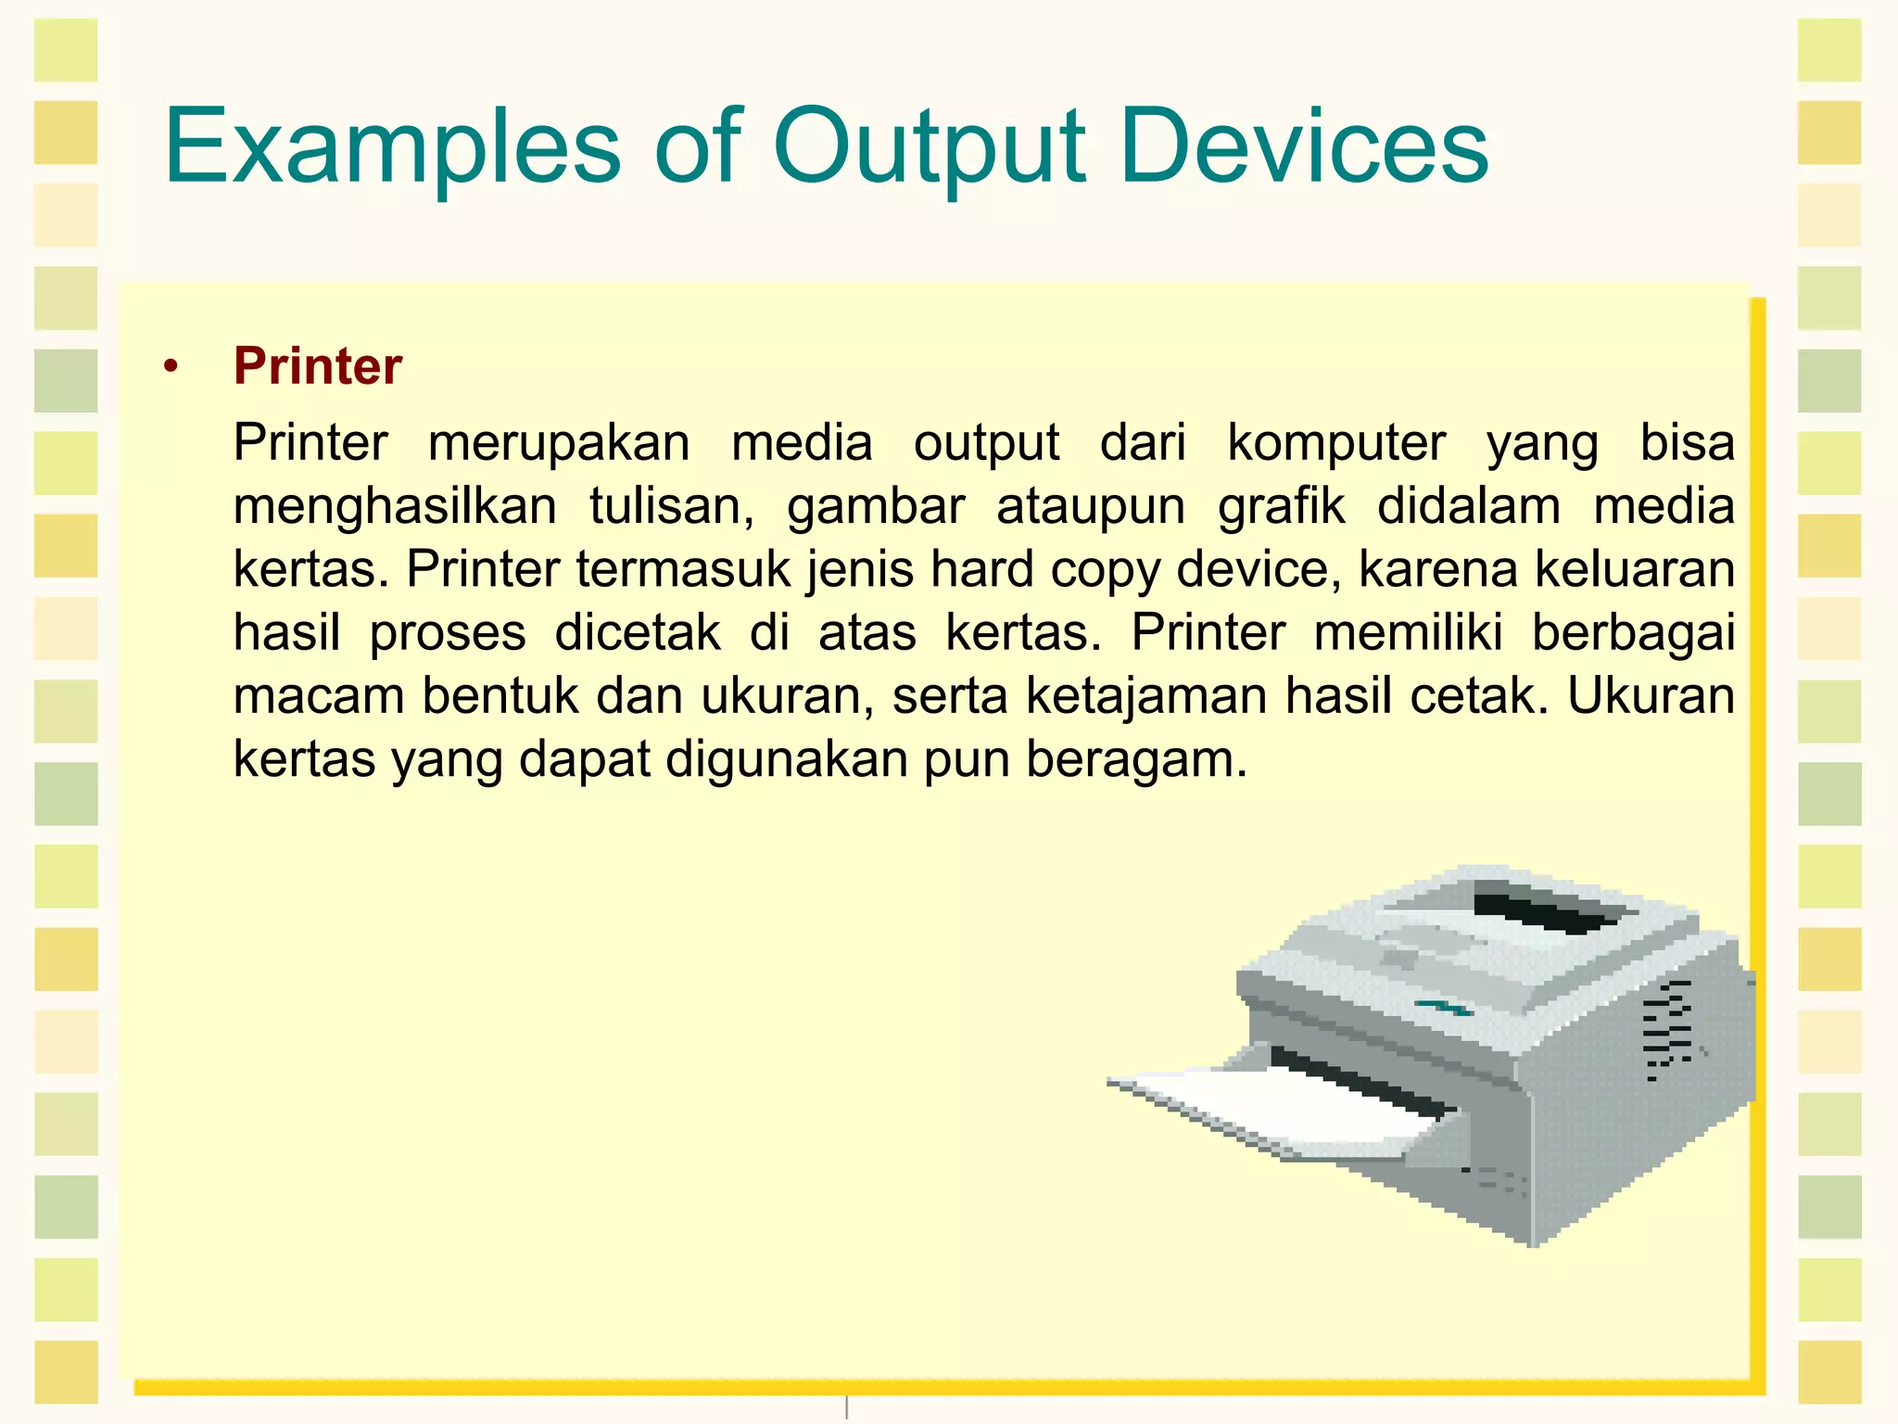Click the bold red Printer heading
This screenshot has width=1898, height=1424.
click(317, 366)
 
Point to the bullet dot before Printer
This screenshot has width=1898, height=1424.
click(169, 368)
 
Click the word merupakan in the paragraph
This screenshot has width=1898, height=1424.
click(559, 442)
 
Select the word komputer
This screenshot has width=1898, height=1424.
click(1335, 442)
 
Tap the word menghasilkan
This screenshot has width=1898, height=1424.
click(395, 506)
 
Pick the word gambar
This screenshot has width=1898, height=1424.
click(876, 506)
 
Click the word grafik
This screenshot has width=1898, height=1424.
click(1281, 506)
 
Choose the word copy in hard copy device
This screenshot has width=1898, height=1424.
click(1105, 569)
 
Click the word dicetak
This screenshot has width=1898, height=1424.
click(638, 633)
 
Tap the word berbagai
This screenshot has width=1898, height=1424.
click(1633, 633)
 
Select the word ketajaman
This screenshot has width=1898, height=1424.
click(1146, 696)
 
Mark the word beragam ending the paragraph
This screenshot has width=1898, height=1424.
click(1136, 759)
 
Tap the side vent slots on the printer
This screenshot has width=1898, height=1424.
click(1668, 1029)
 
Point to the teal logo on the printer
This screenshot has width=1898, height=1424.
click(1442, 1007)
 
